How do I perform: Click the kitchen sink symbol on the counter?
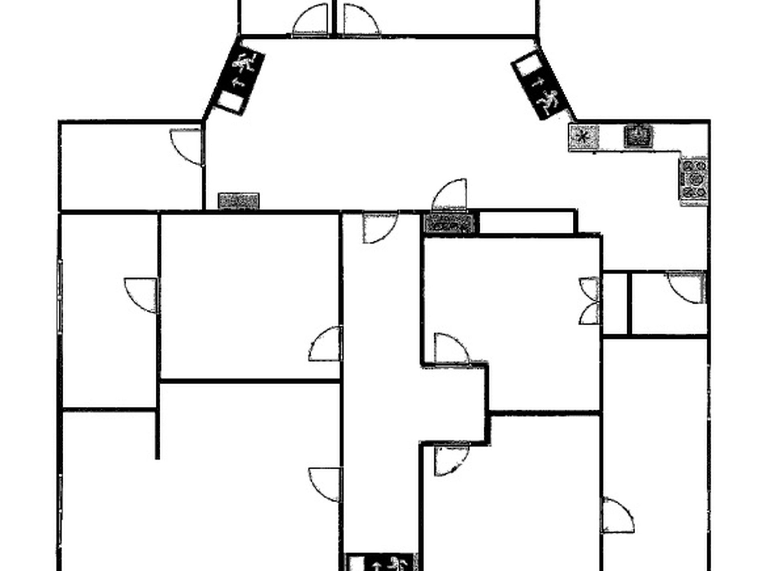click(638, 136)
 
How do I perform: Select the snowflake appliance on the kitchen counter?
click(584, 137)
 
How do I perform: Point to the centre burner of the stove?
click(695, 179)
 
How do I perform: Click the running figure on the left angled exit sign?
click(245, 63)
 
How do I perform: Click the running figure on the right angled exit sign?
click(549, 101)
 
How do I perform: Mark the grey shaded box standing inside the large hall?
click(239, 201)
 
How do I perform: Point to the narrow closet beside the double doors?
click(615, 303)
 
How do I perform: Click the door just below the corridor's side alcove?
click(451, 460)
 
